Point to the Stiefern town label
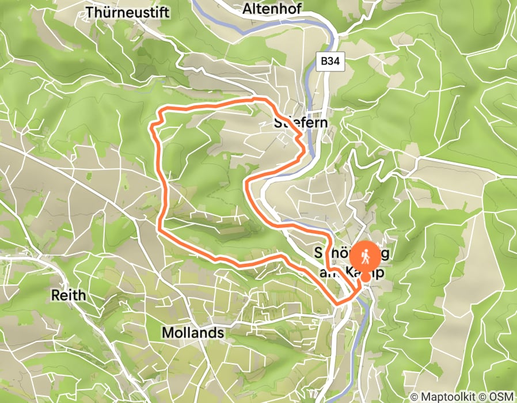tap(301, 122)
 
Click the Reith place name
tap(68, 295)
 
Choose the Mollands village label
tap(193, 333)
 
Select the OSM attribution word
tap(503, 396)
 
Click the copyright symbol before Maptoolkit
tap(415, 396)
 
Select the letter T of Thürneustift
tap(89, 12)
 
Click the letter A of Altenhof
tap(246, 9)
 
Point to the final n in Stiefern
tap(324, 122)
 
